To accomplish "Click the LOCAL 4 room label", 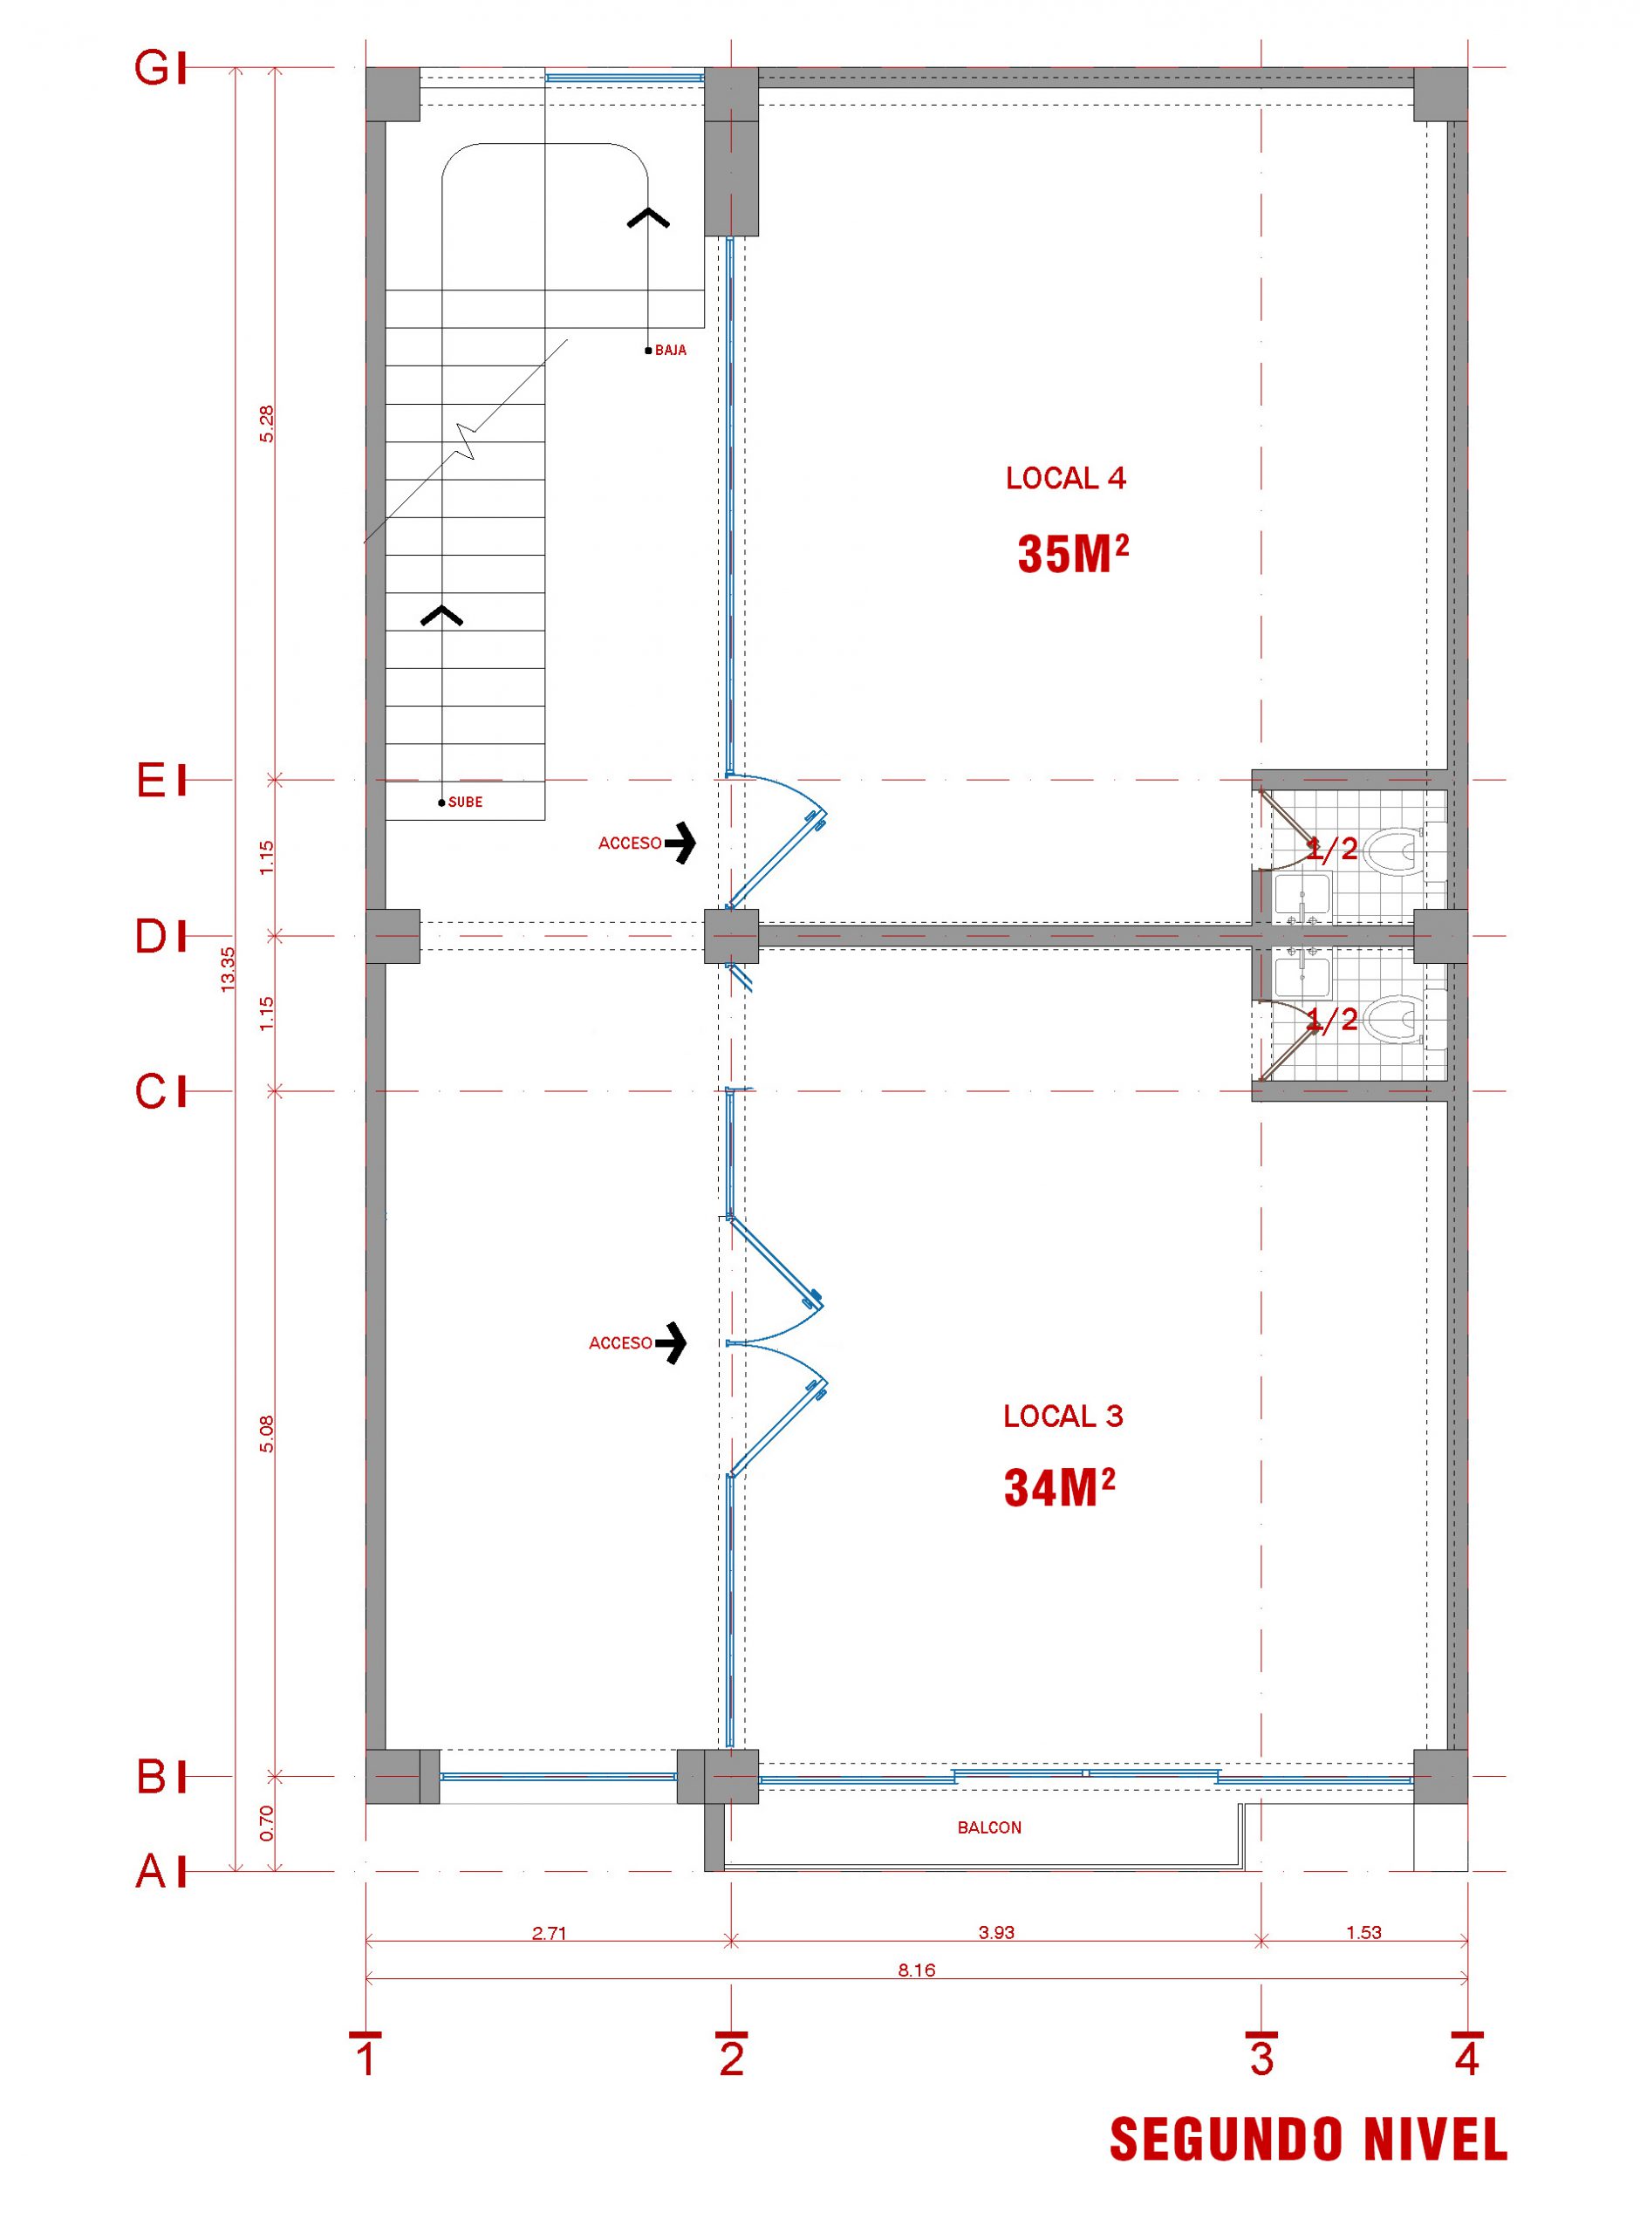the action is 1065,478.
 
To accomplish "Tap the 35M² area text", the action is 1073,554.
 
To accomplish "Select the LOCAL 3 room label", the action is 1063,1417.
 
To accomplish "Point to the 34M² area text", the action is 1059,1488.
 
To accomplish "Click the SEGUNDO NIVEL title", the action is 1309,2139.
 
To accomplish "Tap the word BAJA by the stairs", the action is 670,351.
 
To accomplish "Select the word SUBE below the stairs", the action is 465,802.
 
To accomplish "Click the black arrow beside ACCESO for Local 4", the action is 681,843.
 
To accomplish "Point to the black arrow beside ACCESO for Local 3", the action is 672,1342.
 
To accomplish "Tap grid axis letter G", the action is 153,69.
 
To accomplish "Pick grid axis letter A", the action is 151,1872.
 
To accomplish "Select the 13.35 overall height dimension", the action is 229,970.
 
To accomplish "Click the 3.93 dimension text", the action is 997,1932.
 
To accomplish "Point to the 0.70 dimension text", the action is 266,1823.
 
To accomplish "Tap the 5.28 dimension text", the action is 266,424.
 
